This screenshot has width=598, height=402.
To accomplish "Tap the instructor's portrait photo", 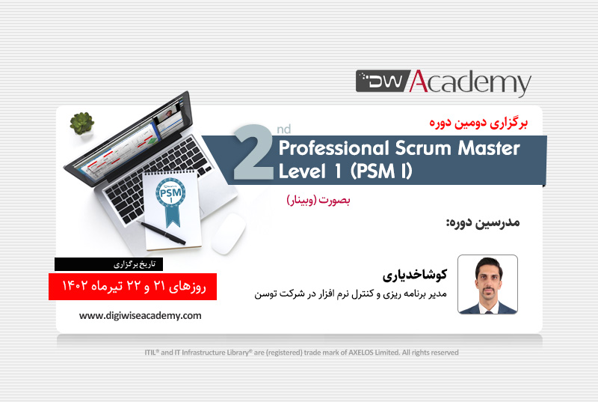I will pyautogui.click(x=487, y=284).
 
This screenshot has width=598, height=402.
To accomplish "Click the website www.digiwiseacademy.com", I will pyautogui.click(x=140, y=316).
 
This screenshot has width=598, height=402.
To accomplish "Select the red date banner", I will pyautogui.click(x=132, y=286).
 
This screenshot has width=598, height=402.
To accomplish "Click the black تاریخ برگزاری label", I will pyautogui.click(x=108, y=264).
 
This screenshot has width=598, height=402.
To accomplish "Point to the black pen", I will pyautogui.click(x=161, y=233).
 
